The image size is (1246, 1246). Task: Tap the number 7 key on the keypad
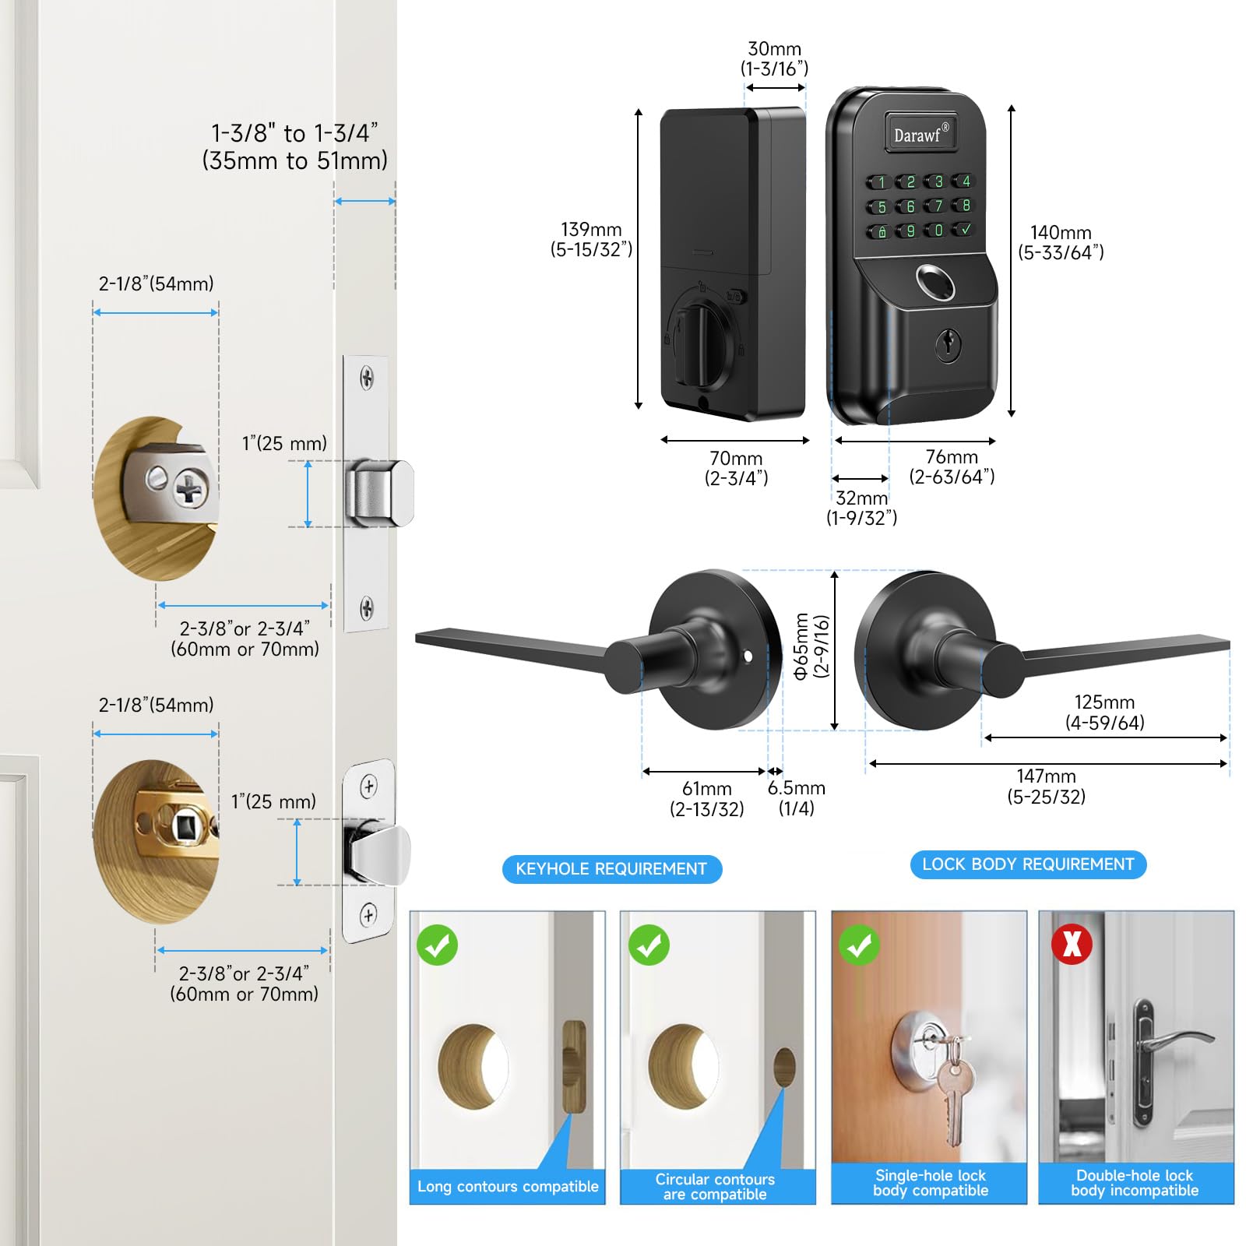coord(938,206)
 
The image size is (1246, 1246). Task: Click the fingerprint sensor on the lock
coord(935,283)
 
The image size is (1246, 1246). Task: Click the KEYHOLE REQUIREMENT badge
coord(611,868)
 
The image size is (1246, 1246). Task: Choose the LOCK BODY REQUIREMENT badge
coord(1028,864)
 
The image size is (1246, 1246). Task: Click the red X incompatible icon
coord(1072,944)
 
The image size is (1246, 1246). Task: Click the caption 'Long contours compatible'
coord(508,1187)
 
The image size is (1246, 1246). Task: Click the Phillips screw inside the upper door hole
coord(189,490)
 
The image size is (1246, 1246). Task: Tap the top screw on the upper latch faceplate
coord(366,378)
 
